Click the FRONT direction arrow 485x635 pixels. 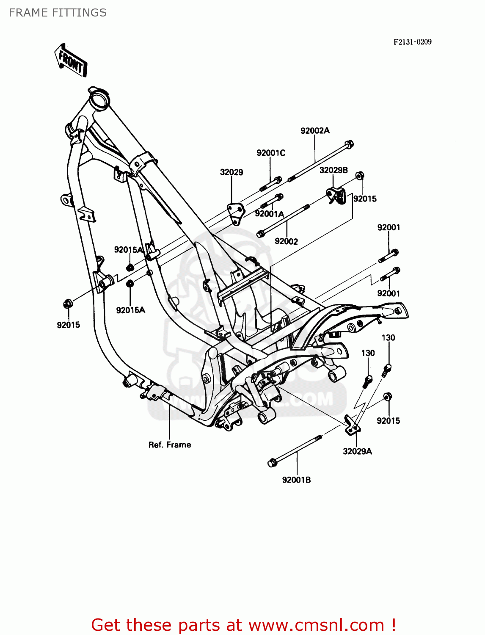[x=71, y=61]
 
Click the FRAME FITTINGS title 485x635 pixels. [x=58, y=13]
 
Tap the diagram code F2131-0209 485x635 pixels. [x=412, y=42]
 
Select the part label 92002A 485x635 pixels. [x=315, y=131]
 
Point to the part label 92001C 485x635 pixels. [x=271, y=153]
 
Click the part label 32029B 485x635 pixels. [x=333, y=170]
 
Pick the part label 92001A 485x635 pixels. [x=269, y=214]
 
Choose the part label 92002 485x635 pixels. [x=286, y=241]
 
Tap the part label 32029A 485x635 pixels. [x=357, y=451]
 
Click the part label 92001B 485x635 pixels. [x=296, y=480]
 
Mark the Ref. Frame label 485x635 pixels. [x=170, y=445]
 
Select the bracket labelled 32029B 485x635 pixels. [x=336, y=196]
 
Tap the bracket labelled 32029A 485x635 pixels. [x=352, y=425]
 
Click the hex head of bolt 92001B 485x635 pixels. [x=272, y=463]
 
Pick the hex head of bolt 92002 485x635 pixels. [x=261, y=233]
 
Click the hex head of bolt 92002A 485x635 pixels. [x=349, y=145]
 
